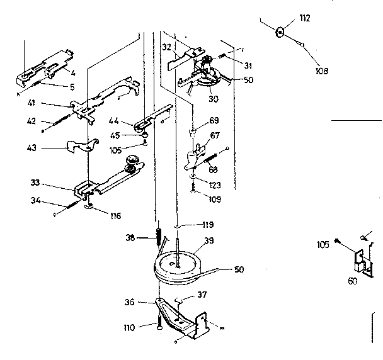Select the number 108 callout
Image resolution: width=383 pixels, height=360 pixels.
point(321,71)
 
